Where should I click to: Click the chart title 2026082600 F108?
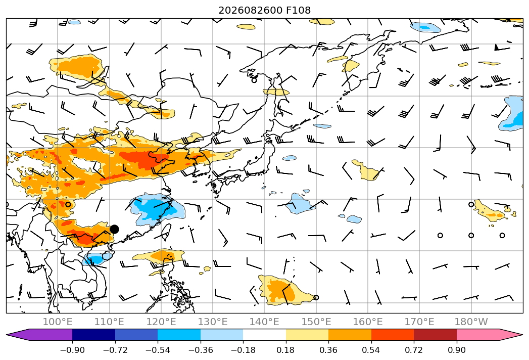tap(265, 10)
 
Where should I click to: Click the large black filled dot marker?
tap(114, 230)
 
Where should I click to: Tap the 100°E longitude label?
tap(58, 322)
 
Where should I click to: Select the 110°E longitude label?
tap(109, 322)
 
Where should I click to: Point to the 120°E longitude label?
tap(161, 322)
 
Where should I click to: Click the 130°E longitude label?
tap(213, 322)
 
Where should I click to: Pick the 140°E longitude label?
tap(264, 322)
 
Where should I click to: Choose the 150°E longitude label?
tap(316, 322)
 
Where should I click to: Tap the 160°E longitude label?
tap(368, 322)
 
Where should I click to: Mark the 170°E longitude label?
tap(419, 322)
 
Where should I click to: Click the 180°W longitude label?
tap(471, 322)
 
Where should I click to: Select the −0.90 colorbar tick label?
tap(72, 350)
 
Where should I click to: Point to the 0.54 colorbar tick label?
tap(371, 350)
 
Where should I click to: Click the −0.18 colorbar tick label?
tap(243, 350)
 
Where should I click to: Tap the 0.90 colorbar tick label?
tap(456, 350)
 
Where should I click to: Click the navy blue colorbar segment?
tap(93, 334)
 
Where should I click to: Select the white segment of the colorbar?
tap(265, 334)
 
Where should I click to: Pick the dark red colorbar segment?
tap(435, 334)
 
